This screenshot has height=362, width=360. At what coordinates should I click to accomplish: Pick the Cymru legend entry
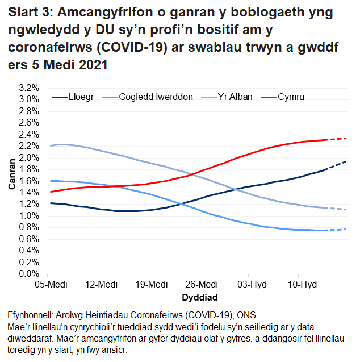click(291, 97)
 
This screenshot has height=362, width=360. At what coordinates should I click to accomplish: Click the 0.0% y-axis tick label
click(28, 274)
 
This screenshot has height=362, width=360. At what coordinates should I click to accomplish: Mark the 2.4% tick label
click(28, 134)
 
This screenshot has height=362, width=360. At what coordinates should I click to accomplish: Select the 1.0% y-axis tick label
click(28, 216)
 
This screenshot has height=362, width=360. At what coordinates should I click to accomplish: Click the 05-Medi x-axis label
click(48, 284)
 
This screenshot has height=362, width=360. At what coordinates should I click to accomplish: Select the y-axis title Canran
click(11, 180)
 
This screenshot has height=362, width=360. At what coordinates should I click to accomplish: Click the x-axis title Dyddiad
click(198, 297)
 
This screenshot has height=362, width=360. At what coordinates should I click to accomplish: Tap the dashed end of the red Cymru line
click(338, 139)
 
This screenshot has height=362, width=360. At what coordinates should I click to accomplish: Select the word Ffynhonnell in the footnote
click(34, 315)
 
